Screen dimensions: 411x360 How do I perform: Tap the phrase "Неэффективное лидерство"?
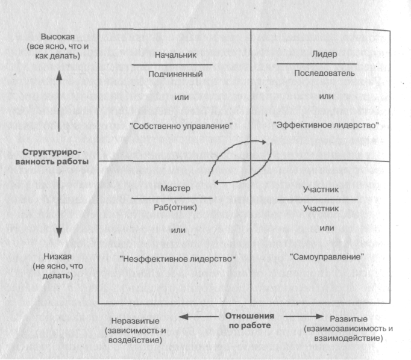(x=177, y=259)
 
